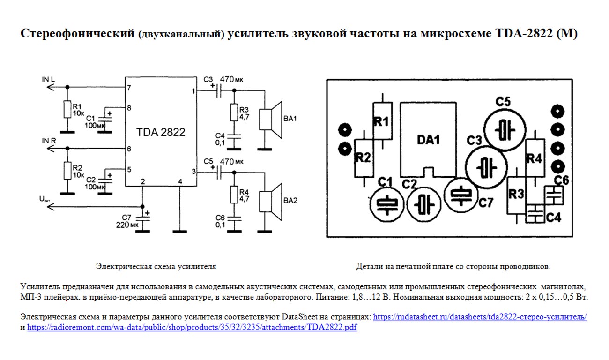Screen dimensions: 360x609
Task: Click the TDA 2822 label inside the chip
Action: tap(161, 132)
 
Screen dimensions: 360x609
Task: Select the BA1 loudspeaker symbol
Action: tap(270, 120)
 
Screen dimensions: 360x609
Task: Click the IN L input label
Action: tap(48, 79)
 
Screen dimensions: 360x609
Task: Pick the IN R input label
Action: tap(49, 141)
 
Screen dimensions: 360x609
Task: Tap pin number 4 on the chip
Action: tap(180, 181)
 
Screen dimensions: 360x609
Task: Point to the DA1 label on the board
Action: tap(429, 140)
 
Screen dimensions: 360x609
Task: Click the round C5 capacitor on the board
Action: tap(504, 128)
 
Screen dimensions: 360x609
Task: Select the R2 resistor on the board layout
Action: tap(363, 157)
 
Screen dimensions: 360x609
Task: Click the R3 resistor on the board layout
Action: tap(517, 194)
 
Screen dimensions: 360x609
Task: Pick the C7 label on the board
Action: tap(486, 202)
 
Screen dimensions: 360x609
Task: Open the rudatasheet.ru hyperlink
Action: tap(480, 317)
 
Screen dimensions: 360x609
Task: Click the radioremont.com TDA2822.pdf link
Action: tap(192, 328)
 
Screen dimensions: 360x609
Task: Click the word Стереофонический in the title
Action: tap(77, 34)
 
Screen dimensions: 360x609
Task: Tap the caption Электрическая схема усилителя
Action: tap(156, 266)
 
